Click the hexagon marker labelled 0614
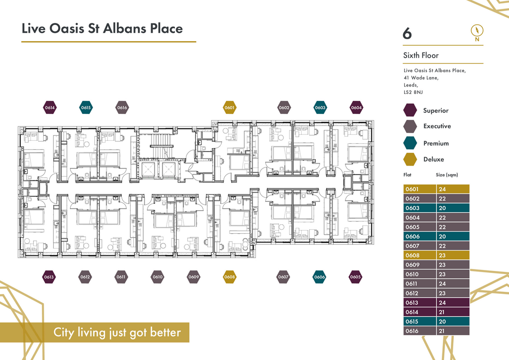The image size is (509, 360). click(x=50, y=107)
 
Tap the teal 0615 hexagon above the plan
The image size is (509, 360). click(x=86, y=107)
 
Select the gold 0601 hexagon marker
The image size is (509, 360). click(x=230, y=107)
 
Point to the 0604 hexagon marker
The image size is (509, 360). click(x=356, y=107)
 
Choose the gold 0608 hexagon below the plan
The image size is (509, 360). click(x=230, y=277)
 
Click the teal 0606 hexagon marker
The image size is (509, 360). click(x=320, y=277)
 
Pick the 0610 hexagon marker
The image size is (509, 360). click(x=158, y=277)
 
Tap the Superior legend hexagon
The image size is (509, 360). click(x=410, y=110)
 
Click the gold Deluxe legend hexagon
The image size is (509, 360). click(x=410, y=159)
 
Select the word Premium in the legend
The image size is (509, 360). click(x=436, y=143)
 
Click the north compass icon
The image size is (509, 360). click(x=477, y=33)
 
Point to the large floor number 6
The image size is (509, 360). click(x=407, y=33)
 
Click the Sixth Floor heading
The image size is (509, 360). click(x=421, y=55)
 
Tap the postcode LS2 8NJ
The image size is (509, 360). click(x=413, y=92)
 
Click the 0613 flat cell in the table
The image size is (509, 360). click(x=420, y=302)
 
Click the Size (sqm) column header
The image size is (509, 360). click(x=447, y=175)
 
